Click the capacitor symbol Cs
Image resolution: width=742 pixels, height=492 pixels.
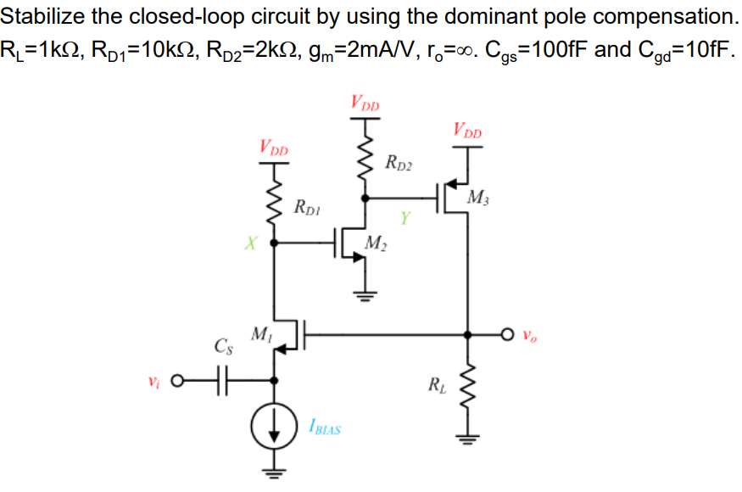(x=222, y=379)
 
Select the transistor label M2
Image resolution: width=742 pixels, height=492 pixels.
(x=373, y=245)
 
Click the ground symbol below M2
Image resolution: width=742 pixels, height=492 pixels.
(x=365, y=298)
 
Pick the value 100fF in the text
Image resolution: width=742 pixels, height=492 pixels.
(x=555, y=48)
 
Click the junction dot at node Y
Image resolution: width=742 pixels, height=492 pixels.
(x=365, y=198)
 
